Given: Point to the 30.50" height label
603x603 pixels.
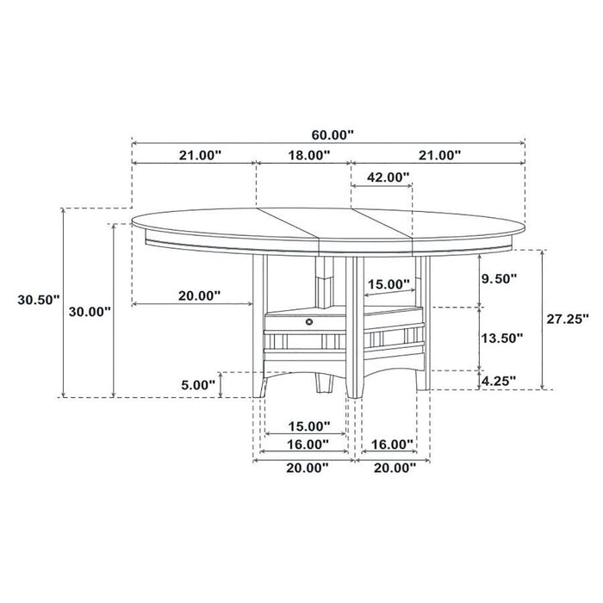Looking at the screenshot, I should (38, 300).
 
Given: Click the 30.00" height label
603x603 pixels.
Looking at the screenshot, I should (90, 311).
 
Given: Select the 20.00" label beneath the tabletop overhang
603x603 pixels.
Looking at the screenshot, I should (199, 295).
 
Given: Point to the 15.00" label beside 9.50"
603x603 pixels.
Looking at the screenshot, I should (389, 283).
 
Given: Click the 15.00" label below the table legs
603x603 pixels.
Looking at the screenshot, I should (307, 426).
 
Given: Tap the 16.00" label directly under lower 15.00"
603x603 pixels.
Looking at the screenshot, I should (307, 444).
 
